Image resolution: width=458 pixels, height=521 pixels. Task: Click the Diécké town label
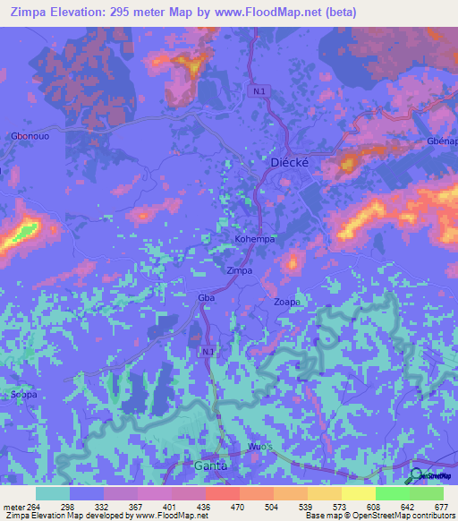pyautogui.click(x=289, y=163)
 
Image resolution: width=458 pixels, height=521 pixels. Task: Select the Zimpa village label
pyautogui.click(x=239, y=270)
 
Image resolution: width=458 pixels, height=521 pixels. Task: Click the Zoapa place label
pyautogui.click(x=286, y=303)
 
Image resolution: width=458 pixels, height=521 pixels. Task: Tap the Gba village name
pyautogui.click(x=203, y=296)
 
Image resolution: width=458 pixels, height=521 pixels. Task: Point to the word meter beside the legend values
pyautogui.click(x=13, y=506)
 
